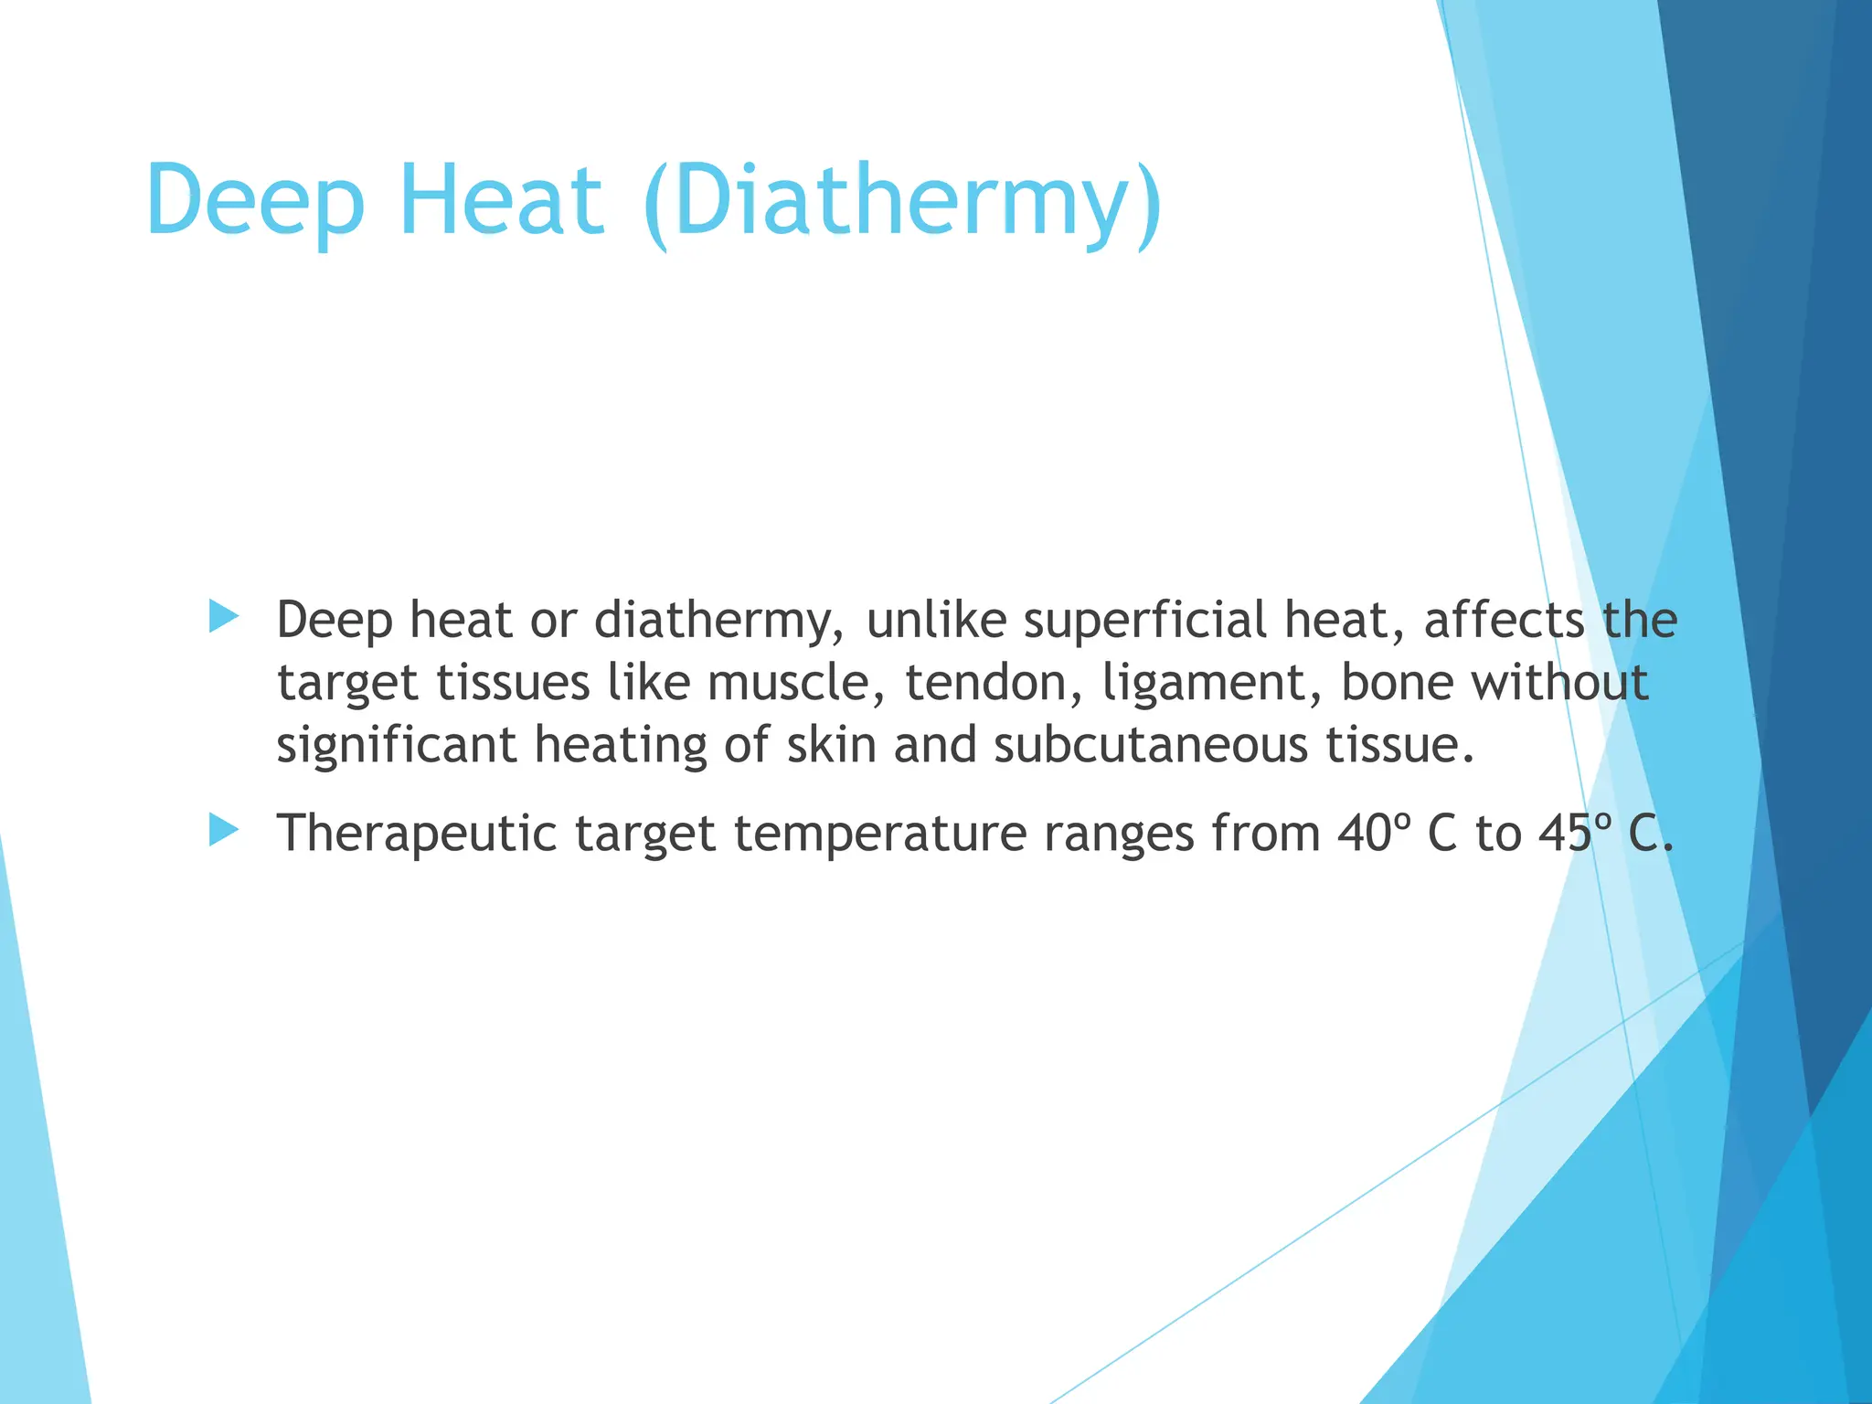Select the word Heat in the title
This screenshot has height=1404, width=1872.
click(501, 199)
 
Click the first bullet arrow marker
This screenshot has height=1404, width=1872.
click(223, 617)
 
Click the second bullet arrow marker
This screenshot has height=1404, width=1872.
click(223, 831)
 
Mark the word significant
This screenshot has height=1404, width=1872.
click(397, 745)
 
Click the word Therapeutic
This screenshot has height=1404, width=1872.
click(417, 834)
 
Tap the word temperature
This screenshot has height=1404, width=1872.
click(880, 834)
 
